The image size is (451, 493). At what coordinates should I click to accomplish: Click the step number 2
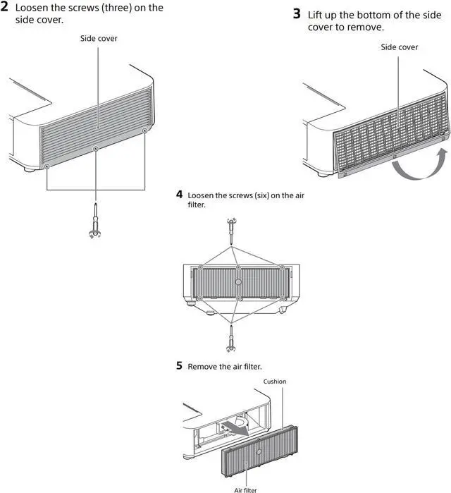[4, 6]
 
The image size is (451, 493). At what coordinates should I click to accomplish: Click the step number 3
[297, 13]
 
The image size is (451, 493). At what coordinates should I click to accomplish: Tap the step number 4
[179, 194]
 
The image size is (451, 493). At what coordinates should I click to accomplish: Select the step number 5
[179, 365]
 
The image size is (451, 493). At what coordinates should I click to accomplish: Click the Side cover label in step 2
[99, 38]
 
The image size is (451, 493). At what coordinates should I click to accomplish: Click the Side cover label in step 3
[399, 47]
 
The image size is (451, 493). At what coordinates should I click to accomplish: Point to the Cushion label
[275, 382]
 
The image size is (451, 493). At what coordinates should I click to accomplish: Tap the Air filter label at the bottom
[245, 490]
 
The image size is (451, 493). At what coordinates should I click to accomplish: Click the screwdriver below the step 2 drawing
[95, 221]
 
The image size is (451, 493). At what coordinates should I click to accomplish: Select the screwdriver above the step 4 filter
[232, 231]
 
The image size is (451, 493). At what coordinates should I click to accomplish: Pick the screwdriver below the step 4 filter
[231, 339]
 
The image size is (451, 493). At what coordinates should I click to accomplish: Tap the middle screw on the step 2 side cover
[96, 148]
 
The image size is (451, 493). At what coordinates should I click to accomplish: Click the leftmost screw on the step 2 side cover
[47, 166]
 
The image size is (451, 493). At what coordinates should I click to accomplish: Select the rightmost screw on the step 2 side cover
[144, 130]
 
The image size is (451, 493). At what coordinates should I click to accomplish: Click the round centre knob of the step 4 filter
[238, 282]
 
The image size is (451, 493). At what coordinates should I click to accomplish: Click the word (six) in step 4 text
[262, 195]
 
